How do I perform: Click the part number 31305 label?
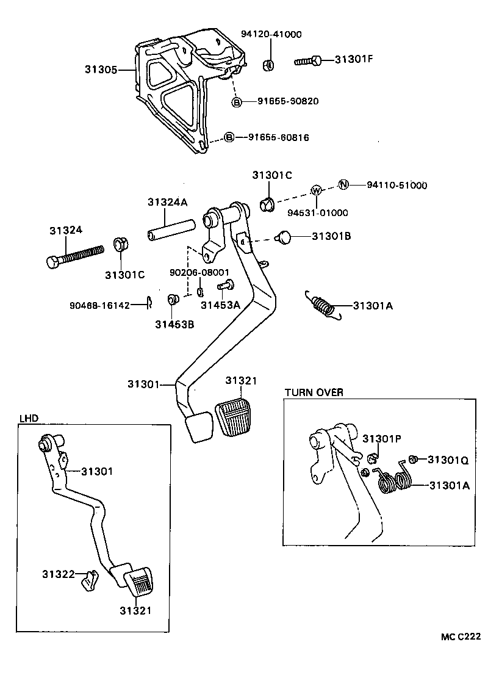click(101, 70)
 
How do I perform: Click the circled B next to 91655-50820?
click(237, 101)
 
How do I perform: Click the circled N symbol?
click(343, 185)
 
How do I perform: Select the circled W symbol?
click(316, 190)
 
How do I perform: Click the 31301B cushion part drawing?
click(284, 237)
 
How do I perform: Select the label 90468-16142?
click(100, 305)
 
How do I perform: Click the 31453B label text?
click(174, 324)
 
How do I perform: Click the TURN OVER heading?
click(314, 392)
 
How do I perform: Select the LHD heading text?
click(28, 419)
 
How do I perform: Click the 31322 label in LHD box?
click(58, 574)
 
